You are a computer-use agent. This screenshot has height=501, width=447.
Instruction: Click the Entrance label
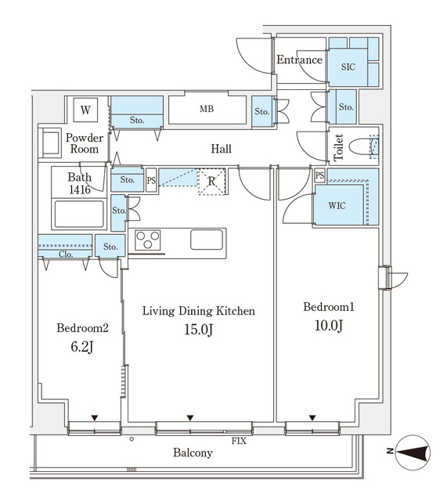[x=299, y=60]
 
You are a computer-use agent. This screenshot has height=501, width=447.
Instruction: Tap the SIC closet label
[x=348, y=67]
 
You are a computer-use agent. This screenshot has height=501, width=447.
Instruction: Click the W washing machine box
[x=84, y=110]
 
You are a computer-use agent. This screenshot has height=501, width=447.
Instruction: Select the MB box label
[x=206, y=110]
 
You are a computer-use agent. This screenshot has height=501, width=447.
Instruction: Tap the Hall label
[x=221, y=149]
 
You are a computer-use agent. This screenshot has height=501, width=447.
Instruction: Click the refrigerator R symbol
[x=211, y=182]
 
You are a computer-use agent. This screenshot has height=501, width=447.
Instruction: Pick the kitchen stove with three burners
[x=149, y=240]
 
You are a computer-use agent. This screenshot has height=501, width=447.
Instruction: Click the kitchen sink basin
[x=207, y=240]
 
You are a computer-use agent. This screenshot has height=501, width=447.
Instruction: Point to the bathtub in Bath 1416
[x=78, y=214]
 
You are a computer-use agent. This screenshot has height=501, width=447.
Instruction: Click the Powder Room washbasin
[x=51, y=143]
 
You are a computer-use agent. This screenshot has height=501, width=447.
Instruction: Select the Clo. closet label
[x=66, y=254]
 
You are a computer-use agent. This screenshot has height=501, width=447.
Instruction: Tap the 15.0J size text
[x=198, y=330]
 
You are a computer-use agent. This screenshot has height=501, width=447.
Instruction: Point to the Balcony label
[x=193, y=453]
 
